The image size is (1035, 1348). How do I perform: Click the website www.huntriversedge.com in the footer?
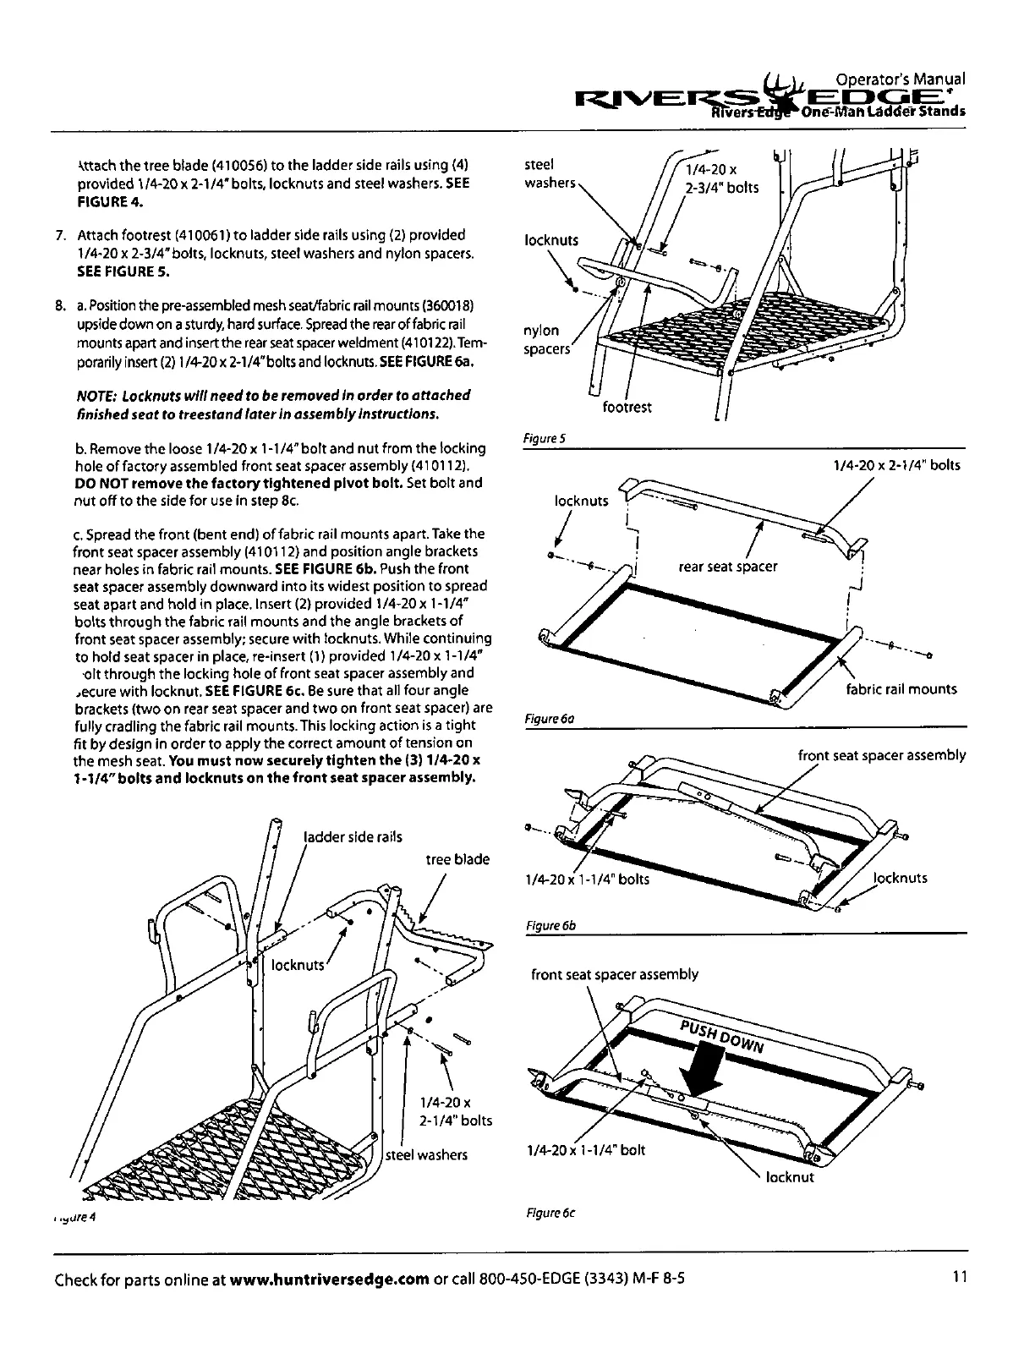(329, 1278)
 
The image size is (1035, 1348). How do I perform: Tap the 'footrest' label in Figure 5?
(627, 408)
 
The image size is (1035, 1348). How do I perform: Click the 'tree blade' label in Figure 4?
(457, 859)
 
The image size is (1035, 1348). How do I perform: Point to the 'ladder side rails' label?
(353, 837)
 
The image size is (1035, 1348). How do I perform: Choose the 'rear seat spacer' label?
(727, 567)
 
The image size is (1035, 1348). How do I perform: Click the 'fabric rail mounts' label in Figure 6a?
(901, 689)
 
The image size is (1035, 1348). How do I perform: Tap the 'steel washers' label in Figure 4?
(426, 1155)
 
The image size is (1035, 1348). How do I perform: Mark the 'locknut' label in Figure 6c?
(790, 1177)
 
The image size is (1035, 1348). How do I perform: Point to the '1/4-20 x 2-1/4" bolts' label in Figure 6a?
(896, 465)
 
